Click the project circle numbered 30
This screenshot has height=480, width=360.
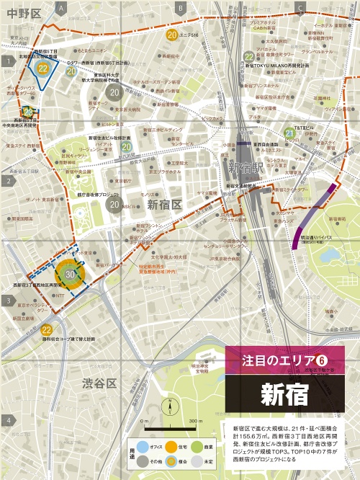click(71, 275)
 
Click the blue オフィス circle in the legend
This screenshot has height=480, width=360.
click(142, 447)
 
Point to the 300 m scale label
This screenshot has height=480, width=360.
click(193, 420)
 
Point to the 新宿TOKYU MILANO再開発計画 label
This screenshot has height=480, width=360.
click(276, 66)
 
